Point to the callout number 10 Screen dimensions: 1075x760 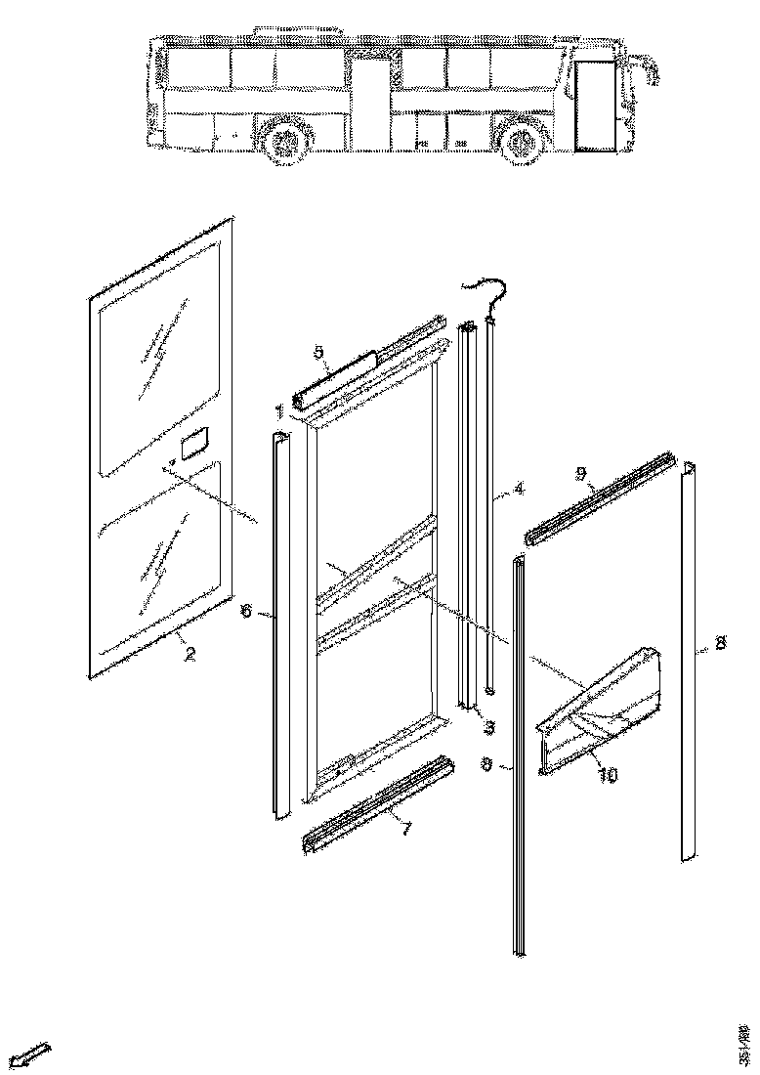(608, 774)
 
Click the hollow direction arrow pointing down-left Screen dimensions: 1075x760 (31, 1055)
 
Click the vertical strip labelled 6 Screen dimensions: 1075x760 (280, 625)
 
